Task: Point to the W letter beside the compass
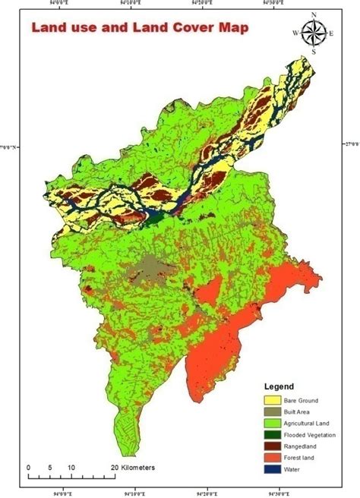coord(295,33)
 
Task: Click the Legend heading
coord(279,386)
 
